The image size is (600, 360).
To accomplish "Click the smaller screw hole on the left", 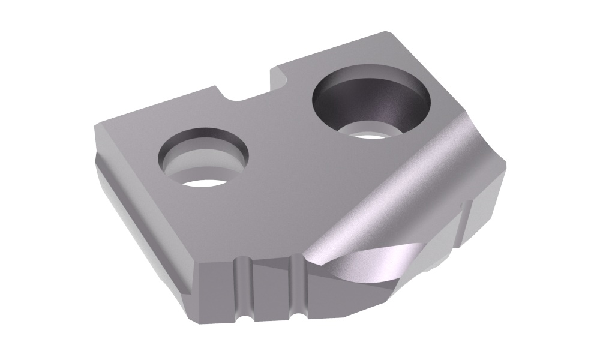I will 203,157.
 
